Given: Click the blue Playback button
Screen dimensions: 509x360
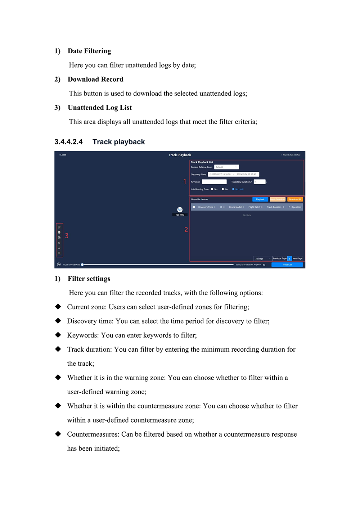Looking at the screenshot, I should pos(260,199).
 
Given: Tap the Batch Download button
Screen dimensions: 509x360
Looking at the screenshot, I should pos(278,199).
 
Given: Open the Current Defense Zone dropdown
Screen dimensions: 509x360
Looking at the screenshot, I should pos(226,167).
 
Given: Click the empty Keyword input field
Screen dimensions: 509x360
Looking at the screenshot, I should pos(214,182).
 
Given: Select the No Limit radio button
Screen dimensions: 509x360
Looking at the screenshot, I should pos(233,189).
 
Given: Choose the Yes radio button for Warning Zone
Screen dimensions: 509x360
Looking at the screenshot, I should pos(212,189).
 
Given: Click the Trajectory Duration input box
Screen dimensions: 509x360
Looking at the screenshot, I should pos(259,182).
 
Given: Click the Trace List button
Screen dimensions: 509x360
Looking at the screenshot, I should pos(287,265).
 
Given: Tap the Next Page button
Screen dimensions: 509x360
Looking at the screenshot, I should pos(297,258).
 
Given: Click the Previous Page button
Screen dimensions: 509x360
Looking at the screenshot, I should pos(280,258).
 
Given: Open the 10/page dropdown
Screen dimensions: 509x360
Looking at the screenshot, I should pos(262,258).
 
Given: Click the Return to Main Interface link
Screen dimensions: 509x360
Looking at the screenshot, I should pos(291,155).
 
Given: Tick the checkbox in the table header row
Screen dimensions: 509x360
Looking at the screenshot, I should pos(194,207).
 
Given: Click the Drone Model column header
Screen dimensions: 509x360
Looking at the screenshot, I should pos(236,207).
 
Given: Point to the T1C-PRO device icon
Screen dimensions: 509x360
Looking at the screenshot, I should pos(180,210).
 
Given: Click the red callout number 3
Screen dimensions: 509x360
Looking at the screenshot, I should pos(67,236).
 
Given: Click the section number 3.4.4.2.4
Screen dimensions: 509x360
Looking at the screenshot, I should pos(68,142).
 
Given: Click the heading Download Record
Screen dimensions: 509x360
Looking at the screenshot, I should pos(95,79).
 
